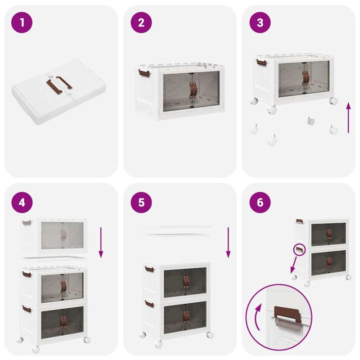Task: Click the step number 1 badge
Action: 22,22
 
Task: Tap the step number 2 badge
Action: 141,22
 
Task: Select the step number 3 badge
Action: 260,22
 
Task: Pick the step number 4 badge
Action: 22,202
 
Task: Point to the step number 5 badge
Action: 141,202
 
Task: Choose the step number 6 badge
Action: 260,202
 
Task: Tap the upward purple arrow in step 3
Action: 348,117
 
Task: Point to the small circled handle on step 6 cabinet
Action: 299,248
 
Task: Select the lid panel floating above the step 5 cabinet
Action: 177,230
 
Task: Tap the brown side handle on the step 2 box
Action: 143,72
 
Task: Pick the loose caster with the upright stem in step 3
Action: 310,121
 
